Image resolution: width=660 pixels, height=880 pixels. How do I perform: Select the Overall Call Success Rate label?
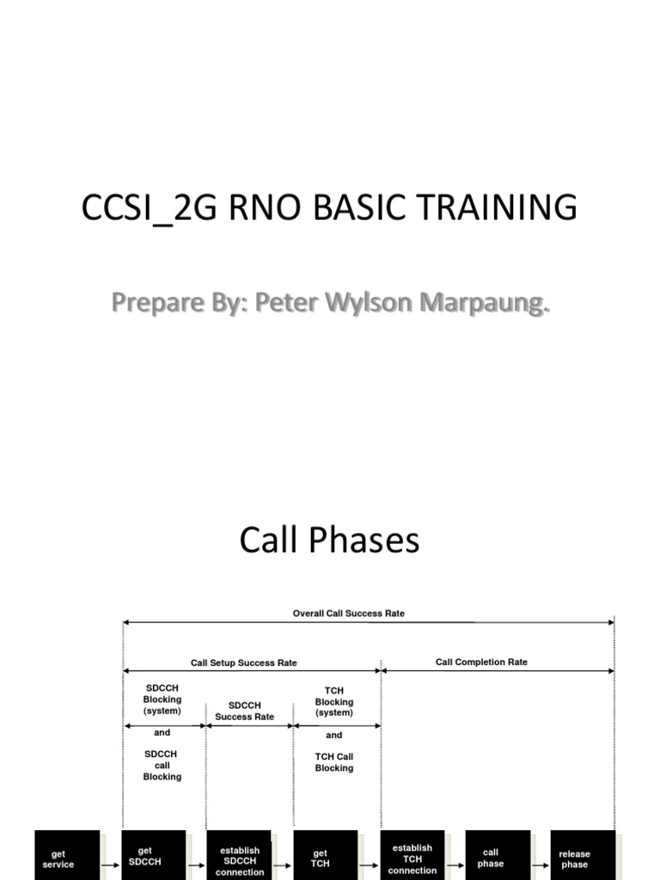[x=348, y=614]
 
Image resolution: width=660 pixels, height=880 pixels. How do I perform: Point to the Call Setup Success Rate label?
[x=243, y=663]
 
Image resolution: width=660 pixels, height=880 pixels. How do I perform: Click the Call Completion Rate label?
[x=481, y=662]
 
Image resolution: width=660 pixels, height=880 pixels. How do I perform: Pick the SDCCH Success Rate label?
[x=244, y=711]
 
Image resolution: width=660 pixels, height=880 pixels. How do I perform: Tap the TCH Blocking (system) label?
[x=334, y=701]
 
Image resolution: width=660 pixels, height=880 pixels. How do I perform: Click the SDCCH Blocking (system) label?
[x=162, y=700]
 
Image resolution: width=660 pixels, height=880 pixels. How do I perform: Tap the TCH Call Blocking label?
[x=334, y=762]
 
